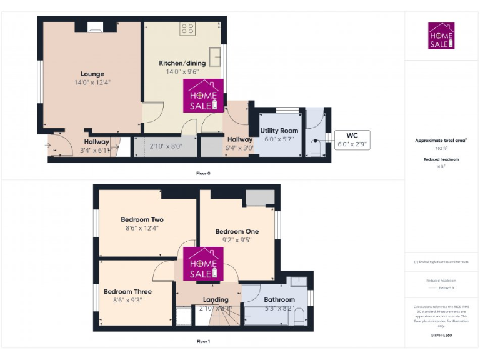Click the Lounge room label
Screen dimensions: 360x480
tap(92, 74)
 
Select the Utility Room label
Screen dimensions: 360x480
tap(281, 131)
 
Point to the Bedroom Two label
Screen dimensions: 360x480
tap(142, 219)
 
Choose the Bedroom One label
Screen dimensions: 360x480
tap(237, 231)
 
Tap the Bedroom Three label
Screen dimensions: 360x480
tap(127, 291)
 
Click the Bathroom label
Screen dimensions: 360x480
tap(279, 299)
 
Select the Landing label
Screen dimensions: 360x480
tap(216, 299)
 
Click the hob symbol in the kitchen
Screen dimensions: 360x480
tap(188, 28)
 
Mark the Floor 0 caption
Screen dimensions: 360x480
tap(204, 172)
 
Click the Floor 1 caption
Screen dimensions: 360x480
tap(204, 341)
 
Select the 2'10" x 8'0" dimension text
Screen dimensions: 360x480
tap(166, 146)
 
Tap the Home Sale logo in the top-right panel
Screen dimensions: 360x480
tap(441, 36)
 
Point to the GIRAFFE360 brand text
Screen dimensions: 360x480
tap(441, 336)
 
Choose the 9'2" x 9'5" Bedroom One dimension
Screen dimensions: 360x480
tap(237, 239)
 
